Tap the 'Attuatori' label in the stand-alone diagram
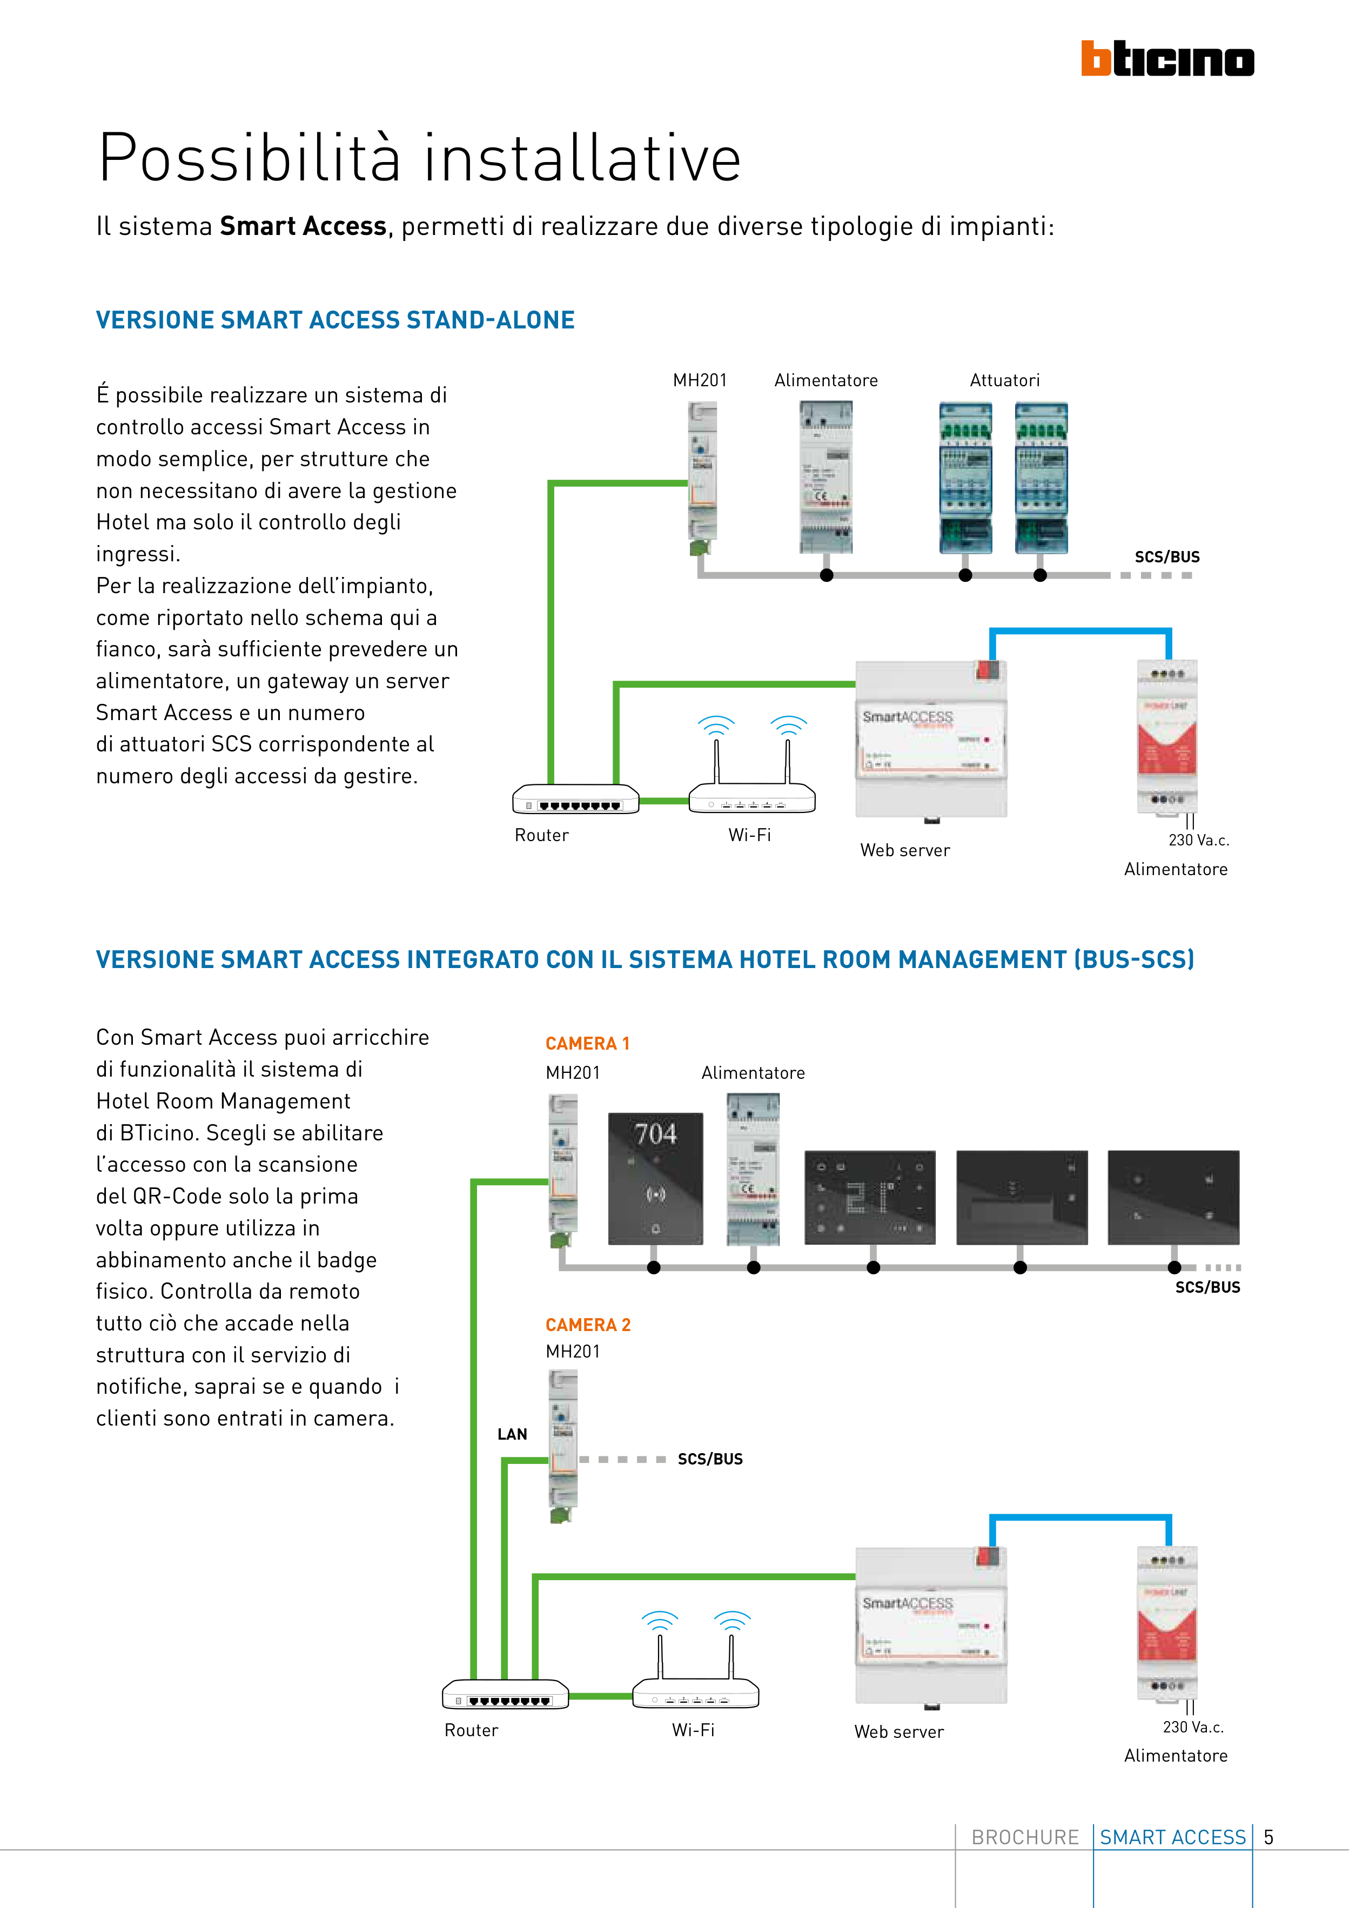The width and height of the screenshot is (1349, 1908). pos(1004,381)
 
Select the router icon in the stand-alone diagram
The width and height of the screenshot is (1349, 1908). pos(575,800)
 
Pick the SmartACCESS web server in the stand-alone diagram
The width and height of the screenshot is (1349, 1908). pos(931,738)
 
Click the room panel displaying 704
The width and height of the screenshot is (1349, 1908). pos(656,1178)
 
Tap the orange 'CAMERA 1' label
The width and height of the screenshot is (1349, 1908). pos(587,1044)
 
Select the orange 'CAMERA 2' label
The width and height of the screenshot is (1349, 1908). pos(588,1325)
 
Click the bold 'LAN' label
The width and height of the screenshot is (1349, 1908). pos(512,1434)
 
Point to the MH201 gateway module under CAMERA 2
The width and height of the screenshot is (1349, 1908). pos(563,1447)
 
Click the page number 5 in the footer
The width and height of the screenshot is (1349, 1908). pos(1269,1837)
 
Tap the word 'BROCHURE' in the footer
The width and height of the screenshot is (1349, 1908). pos(1025,1837)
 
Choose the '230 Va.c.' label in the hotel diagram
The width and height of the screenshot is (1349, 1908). pos(1193,1727)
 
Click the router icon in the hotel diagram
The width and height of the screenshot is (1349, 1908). pos(505,1695)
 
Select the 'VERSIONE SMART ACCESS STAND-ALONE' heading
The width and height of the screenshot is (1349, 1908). pos(335,320)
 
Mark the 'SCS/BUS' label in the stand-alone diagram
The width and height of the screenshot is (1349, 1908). pos(1167,557)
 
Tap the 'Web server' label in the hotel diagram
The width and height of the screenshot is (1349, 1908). pos(898,1732)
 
